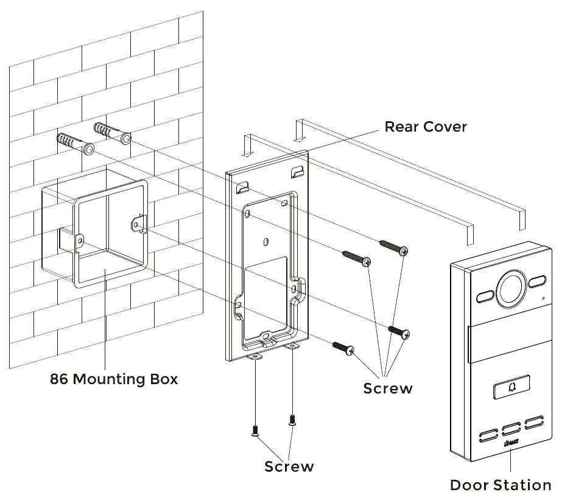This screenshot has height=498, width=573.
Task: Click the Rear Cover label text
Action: (x=425, y=127)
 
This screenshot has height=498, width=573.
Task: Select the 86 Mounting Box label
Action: (x=114, y=379)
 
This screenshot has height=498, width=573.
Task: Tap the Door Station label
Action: (x=500, y=485)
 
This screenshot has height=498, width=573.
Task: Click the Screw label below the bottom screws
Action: (x=289, y=466)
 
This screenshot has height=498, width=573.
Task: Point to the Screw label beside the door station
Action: (x=388, y=388)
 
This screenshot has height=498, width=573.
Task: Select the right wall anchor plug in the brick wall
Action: (x=112, y=133)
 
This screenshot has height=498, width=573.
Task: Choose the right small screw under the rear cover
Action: (x=292, y=419)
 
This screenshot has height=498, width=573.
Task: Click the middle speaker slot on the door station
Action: (x=510, y=427)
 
